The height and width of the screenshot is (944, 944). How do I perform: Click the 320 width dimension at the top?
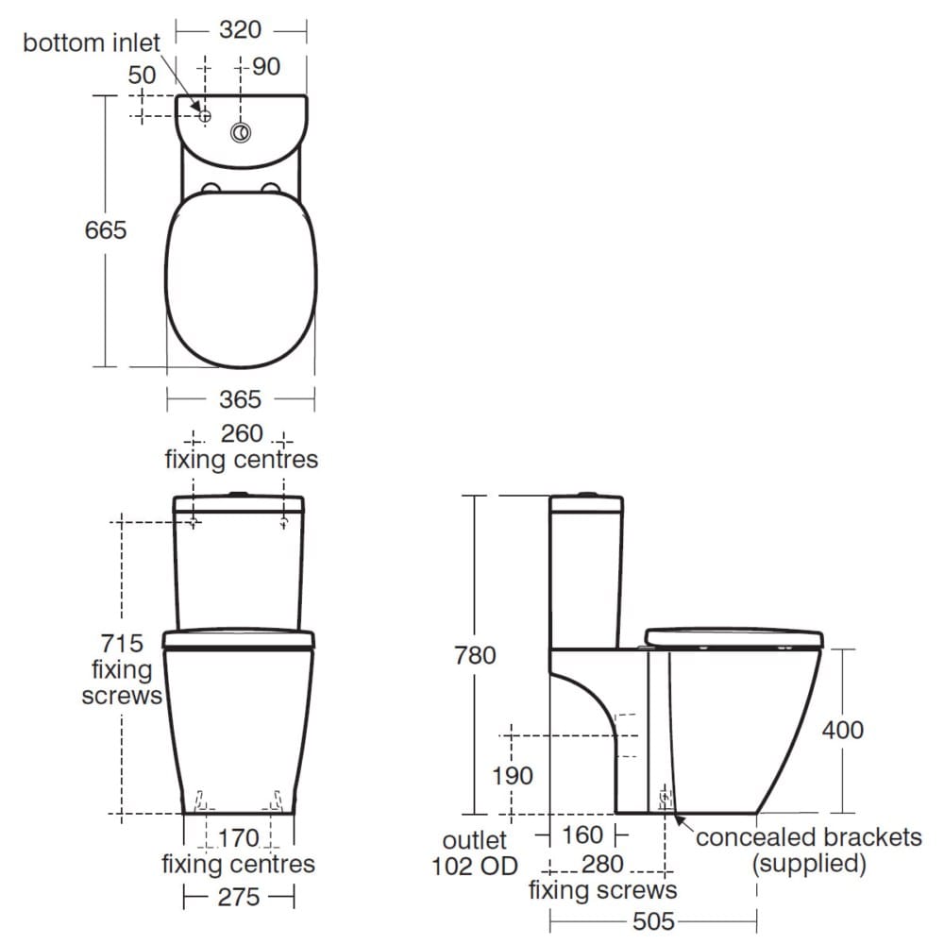(240, 30)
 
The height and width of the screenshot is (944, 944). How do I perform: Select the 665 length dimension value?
(106, 229)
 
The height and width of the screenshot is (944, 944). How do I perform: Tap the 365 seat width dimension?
(240, 399)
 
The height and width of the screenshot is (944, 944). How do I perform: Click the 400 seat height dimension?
(843, 730)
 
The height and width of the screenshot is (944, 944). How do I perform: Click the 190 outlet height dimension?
(514, 776)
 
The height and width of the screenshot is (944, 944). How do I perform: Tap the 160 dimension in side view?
(582, 835)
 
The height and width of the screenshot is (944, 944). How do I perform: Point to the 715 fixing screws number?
(122, 644)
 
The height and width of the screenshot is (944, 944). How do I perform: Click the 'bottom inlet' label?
(92, 42)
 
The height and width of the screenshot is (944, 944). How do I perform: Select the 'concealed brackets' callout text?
(808, 837)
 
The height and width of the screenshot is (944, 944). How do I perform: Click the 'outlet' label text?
(475, 839)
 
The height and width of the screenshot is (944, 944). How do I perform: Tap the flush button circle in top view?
(242, 133)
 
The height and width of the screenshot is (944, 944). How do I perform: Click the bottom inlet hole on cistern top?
(204, 115)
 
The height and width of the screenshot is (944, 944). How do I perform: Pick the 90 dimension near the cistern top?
(266, 67)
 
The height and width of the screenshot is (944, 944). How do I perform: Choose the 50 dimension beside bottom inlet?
(142, 75)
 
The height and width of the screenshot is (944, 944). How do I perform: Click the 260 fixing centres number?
(240, 434)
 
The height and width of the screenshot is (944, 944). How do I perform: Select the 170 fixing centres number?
(239, 837)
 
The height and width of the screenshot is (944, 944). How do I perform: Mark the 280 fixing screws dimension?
(602, 864)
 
